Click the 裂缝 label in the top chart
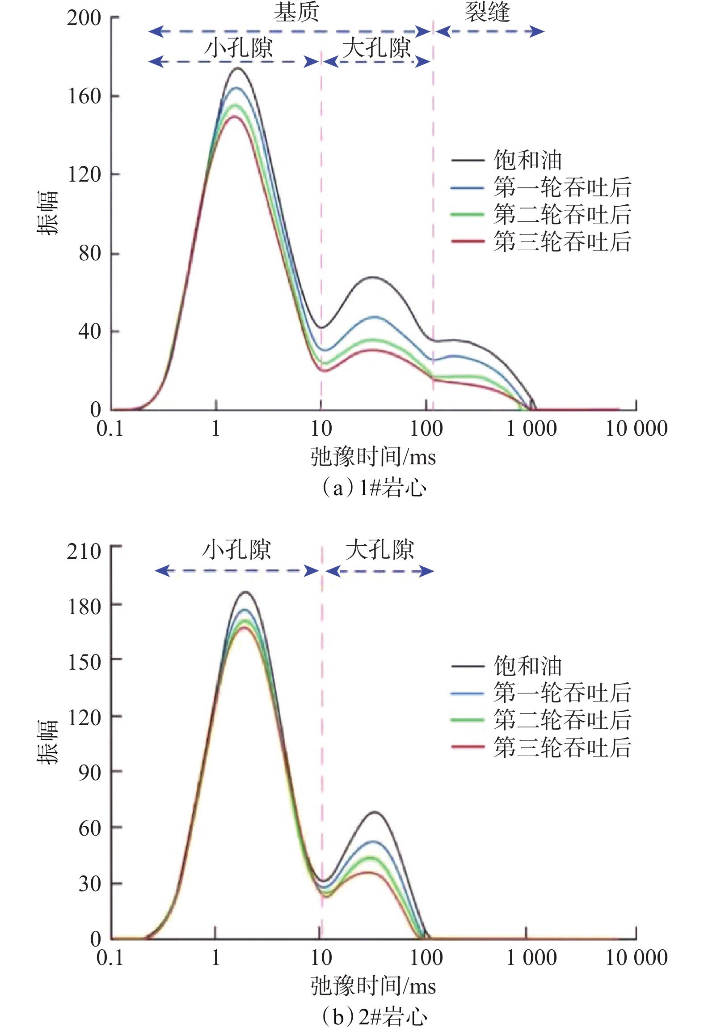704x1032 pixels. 487,12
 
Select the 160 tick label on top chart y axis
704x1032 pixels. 84,96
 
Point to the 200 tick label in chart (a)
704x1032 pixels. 84,18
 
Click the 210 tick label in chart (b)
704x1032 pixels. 84,551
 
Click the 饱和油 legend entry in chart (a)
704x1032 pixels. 527,160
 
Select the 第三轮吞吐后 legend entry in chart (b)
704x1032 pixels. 562,747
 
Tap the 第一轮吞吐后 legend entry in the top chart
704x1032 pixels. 562,187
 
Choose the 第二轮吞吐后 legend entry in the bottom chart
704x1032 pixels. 562,720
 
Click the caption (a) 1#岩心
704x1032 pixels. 374,488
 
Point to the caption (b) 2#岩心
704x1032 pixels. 374,1017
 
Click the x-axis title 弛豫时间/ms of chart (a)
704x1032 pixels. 373,457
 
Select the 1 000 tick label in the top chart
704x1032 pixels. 531,429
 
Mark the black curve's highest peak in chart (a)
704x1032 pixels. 237,68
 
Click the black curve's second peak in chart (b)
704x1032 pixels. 374,812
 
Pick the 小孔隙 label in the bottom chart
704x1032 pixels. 236,550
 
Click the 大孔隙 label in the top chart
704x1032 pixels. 376,47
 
